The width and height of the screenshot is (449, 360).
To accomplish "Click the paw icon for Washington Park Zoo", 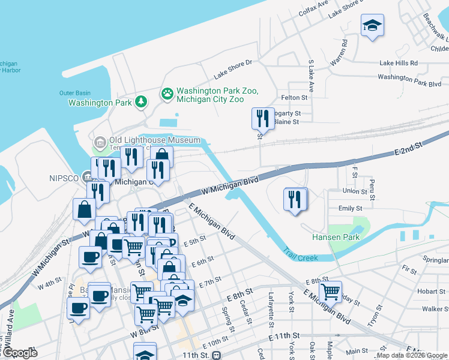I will [x=166, y=94].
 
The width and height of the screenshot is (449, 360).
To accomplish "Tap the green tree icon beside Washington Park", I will [x=141, y=102].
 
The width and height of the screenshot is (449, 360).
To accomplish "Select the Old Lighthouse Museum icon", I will [x=100, y=142].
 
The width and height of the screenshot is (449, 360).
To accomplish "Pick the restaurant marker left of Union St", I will [x=294, y=199].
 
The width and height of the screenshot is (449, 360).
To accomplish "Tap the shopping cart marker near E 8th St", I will [x=330, y=292].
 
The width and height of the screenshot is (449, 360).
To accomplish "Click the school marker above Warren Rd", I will [x=372, y=25].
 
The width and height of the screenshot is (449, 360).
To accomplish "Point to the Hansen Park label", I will [x=336, y=237].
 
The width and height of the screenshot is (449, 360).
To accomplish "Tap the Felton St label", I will [x=294, y=97].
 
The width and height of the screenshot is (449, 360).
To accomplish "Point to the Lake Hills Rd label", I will [x=402, y=63].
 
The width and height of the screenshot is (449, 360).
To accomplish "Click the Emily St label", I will [x=350, y=208].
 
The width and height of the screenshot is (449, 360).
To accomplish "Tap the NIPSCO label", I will [x=65, y=178].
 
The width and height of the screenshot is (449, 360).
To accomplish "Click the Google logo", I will [x=20, y=353].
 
